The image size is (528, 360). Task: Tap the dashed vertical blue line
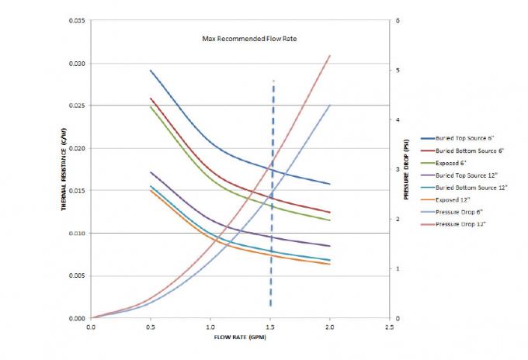272,194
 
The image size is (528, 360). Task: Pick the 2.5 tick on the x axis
389,327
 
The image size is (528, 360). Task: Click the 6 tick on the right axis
398,20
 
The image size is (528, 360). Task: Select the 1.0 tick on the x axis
210,327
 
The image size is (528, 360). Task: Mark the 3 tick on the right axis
398,169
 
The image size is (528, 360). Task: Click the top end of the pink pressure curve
330,56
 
